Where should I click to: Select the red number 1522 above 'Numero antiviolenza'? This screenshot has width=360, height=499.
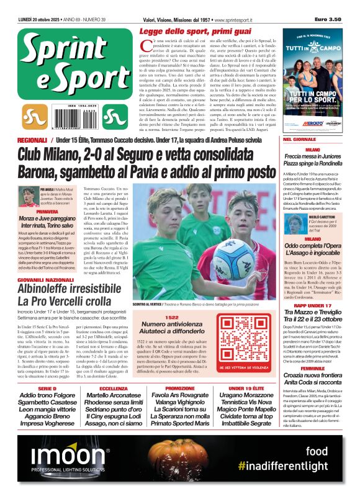[x=172, y=317]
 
